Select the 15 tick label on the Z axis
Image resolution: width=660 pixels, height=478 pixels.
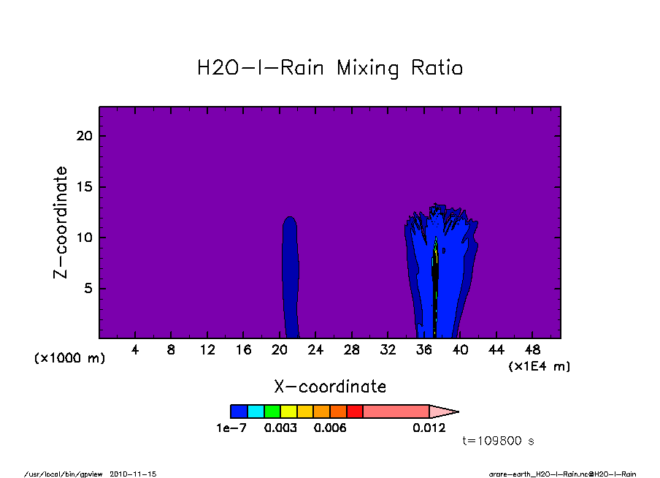(x=84, y=186)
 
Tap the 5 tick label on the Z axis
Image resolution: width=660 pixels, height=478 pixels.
(x=88, y=288)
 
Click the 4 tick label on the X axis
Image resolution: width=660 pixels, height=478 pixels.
(x=134, y=350)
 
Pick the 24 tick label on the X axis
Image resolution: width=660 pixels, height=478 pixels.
(x=315, y=350)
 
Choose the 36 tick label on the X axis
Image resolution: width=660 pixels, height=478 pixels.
(x=424, y=350)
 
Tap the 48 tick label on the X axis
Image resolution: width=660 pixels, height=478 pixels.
(x=532, y=350)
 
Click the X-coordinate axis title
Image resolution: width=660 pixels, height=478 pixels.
(x=330, y=387)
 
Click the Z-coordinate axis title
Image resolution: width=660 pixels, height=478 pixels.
(x=60, y=222)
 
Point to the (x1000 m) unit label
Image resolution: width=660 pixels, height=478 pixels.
(x=69, y=358)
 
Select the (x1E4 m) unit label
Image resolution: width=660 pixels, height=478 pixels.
(x=540, y=366)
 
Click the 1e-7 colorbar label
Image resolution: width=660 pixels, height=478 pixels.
(x=231, y=428)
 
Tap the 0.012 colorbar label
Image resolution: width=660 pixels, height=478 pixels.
(x=429, y=428)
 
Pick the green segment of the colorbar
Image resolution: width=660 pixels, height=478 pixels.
(x=272, y=411)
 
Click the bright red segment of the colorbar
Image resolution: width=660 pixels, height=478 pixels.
(x=355, y=411)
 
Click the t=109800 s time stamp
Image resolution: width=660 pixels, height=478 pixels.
(x=499, y=441)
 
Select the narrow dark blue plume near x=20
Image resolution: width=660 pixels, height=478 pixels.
(x=291, y=277)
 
